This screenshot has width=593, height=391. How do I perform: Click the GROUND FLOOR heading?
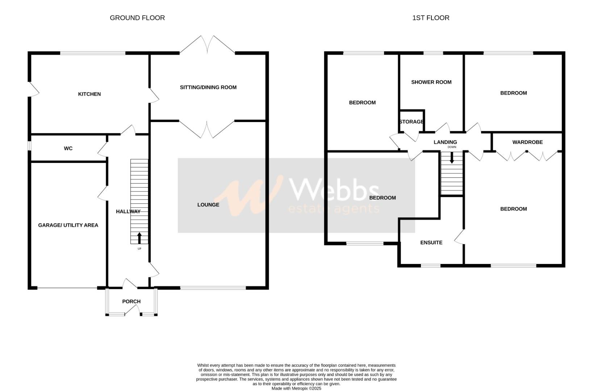137,18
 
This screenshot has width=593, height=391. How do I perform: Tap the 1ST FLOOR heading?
431,18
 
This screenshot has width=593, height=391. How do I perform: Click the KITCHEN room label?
89,94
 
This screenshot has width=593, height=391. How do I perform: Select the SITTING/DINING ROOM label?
208,87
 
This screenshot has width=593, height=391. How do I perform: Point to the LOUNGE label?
208,205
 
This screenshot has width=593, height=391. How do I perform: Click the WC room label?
68,148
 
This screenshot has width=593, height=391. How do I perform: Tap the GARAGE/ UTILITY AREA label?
68,225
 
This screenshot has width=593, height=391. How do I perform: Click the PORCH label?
131,302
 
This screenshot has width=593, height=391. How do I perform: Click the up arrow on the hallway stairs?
139,238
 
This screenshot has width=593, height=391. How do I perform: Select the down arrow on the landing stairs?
452,158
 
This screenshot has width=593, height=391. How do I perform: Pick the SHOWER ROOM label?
431,82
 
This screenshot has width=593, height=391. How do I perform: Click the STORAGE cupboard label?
411,122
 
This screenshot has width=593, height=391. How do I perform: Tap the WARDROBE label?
527,142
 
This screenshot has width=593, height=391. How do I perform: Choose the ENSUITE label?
431,243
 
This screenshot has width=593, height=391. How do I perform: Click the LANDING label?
445,142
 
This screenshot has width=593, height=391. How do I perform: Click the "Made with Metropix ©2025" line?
296,388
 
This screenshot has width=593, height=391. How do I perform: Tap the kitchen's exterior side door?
33,89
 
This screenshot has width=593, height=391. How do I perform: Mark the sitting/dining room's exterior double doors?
208,45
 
